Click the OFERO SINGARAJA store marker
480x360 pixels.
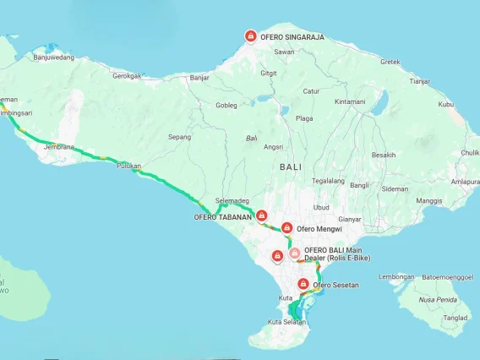tap(250, 35)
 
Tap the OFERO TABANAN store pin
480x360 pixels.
tap(262, 215)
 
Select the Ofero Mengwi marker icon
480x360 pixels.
tap(287, 227)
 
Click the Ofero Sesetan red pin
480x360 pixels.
tap(303, 284)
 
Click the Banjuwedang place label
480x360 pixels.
tap(54, 57)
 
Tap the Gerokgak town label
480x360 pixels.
tap(127, 75)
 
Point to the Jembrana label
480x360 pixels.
tap(59, 147)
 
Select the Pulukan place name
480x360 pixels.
tap(128, 166)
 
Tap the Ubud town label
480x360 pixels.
tap(321, 207)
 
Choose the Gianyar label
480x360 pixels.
tap(350, 219)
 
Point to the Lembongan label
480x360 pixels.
tap(396, 277)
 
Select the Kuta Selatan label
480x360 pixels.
tap(286, 322)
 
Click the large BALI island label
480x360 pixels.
tap(290, 166)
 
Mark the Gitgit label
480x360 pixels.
tap(269, 73)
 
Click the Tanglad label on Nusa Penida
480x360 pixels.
tap(455, 318)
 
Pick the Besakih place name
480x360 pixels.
tap(384, 155)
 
